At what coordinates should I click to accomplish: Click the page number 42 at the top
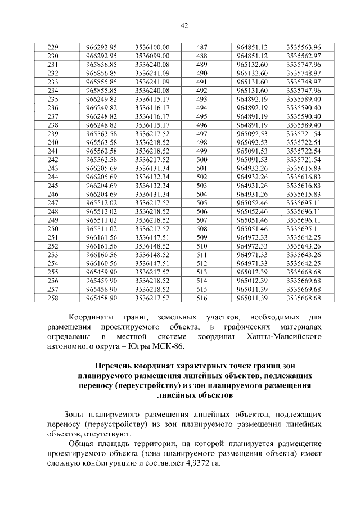(x=184, y=25)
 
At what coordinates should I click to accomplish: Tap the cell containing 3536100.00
(x=152, y=47)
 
